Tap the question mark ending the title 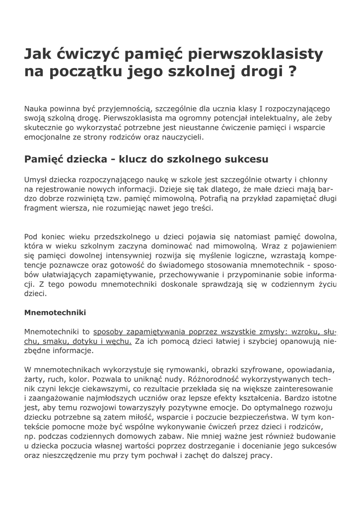pyautogui.click(x=292, y=71)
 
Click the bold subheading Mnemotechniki pyautogui.click(x=55, y=313)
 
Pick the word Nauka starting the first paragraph pyautogui.click(x=36, y=108)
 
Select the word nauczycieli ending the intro pyautogui.click(x=182, y=137)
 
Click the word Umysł pyautogui.click(x=36, y=180)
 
